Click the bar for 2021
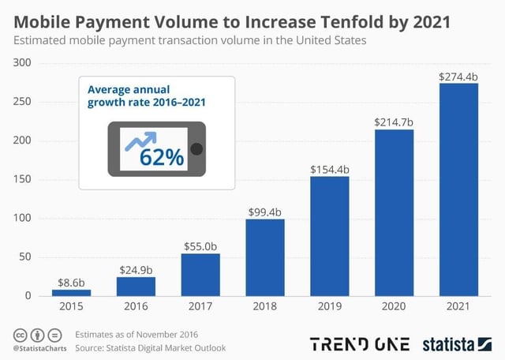click(458, 189)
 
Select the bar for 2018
click(265, 257)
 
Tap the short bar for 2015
click(71, 292)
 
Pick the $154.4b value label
click(329, 169)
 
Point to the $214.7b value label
click(394, 122)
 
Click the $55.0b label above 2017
click(200, 246)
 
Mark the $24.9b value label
click(136, 269)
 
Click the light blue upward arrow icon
click(138, 143)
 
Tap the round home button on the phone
click(196, 149)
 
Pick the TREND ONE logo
click(360, 344)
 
